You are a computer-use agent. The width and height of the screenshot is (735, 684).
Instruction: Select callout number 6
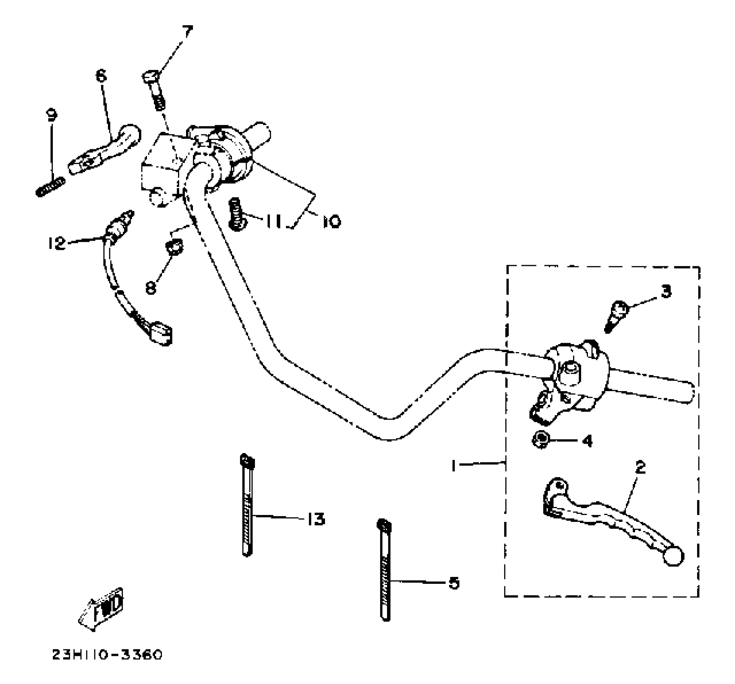[101, 76]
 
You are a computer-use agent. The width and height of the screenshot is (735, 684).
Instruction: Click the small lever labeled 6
[106, 150]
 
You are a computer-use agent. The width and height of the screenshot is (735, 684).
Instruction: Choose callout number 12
[57, 243]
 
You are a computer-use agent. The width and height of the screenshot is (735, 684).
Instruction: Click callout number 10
[331, 221]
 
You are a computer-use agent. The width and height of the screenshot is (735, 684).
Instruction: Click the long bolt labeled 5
[385, 571]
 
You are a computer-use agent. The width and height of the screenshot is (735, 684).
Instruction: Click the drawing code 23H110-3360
[107, 655]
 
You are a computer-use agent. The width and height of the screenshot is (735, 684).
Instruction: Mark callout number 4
[588, 441]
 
